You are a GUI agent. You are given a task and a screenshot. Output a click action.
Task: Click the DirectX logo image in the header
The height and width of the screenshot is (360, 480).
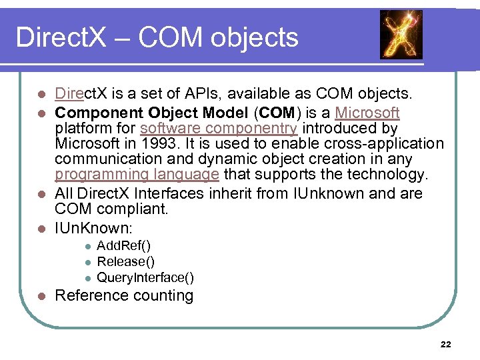[401, 34]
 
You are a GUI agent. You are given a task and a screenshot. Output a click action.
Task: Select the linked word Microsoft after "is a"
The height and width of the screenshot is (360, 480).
[367, 113]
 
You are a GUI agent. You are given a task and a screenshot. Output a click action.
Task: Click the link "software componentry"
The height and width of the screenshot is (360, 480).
[219, 128]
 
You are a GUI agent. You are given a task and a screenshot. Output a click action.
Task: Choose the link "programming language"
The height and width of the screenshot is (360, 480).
[137, 175]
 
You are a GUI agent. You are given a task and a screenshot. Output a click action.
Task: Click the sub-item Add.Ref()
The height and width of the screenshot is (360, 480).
[128, 247]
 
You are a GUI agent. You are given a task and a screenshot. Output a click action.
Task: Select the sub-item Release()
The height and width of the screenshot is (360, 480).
[125, 262]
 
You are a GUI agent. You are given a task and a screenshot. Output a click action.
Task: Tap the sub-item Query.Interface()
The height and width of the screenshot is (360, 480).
[145, 277]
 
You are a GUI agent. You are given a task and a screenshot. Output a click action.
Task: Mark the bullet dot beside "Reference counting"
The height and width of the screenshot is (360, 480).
[41, 296]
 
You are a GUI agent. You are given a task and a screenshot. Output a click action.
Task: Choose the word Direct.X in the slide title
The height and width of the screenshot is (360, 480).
[61, 37]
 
